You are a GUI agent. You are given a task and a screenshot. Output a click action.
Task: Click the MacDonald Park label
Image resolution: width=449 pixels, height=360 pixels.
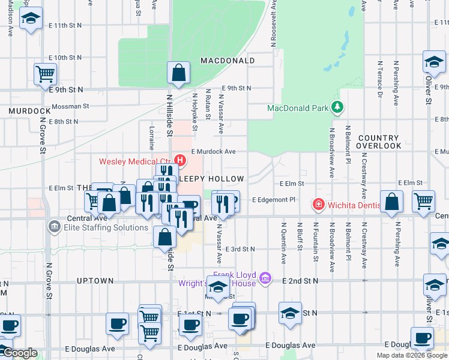298,108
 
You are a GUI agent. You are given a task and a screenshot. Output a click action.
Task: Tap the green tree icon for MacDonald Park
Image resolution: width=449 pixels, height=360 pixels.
337,107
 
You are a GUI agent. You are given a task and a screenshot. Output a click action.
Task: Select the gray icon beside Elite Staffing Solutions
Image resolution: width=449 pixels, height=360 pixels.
54,226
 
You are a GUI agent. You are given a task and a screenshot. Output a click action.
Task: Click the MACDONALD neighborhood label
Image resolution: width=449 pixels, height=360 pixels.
228,61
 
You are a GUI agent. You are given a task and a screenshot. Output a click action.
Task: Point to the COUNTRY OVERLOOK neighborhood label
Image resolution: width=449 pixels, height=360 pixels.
379,142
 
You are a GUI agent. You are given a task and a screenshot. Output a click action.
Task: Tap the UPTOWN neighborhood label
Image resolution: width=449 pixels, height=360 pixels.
95,280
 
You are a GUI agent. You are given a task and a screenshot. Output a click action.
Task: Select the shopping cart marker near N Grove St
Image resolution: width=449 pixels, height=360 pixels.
45,75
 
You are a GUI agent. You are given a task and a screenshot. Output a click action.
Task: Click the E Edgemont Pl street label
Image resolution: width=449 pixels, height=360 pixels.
274,199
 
